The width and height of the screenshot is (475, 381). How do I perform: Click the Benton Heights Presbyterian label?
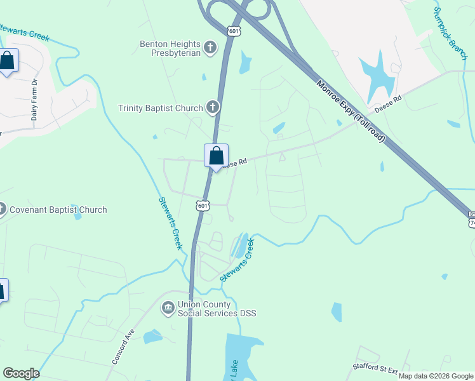tap(170, 48)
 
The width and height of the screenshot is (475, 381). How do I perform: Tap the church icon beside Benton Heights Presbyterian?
tap(211, 47)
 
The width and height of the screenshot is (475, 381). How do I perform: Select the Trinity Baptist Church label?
tap(160, 108)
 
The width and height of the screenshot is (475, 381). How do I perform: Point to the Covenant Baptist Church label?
tap(57, 210)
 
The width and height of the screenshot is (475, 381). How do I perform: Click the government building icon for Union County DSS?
tap(168, 309)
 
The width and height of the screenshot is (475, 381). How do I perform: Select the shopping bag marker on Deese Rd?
tap(216, 156)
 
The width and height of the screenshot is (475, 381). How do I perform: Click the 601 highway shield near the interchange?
tap(234, 30)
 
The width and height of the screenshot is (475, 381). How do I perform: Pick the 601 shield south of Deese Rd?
tap(202, 206)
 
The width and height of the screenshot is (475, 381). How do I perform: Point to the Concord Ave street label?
tap(124, 347)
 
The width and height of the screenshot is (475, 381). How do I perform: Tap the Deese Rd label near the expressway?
tap(389, 104)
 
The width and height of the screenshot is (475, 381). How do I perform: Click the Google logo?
tap(21, 373)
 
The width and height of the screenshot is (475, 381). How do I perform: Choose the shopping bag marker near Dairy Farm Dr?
tap(8, 62)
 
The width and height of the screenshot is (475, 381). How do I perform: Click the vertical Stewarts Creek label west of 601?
tap(170, 222)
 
